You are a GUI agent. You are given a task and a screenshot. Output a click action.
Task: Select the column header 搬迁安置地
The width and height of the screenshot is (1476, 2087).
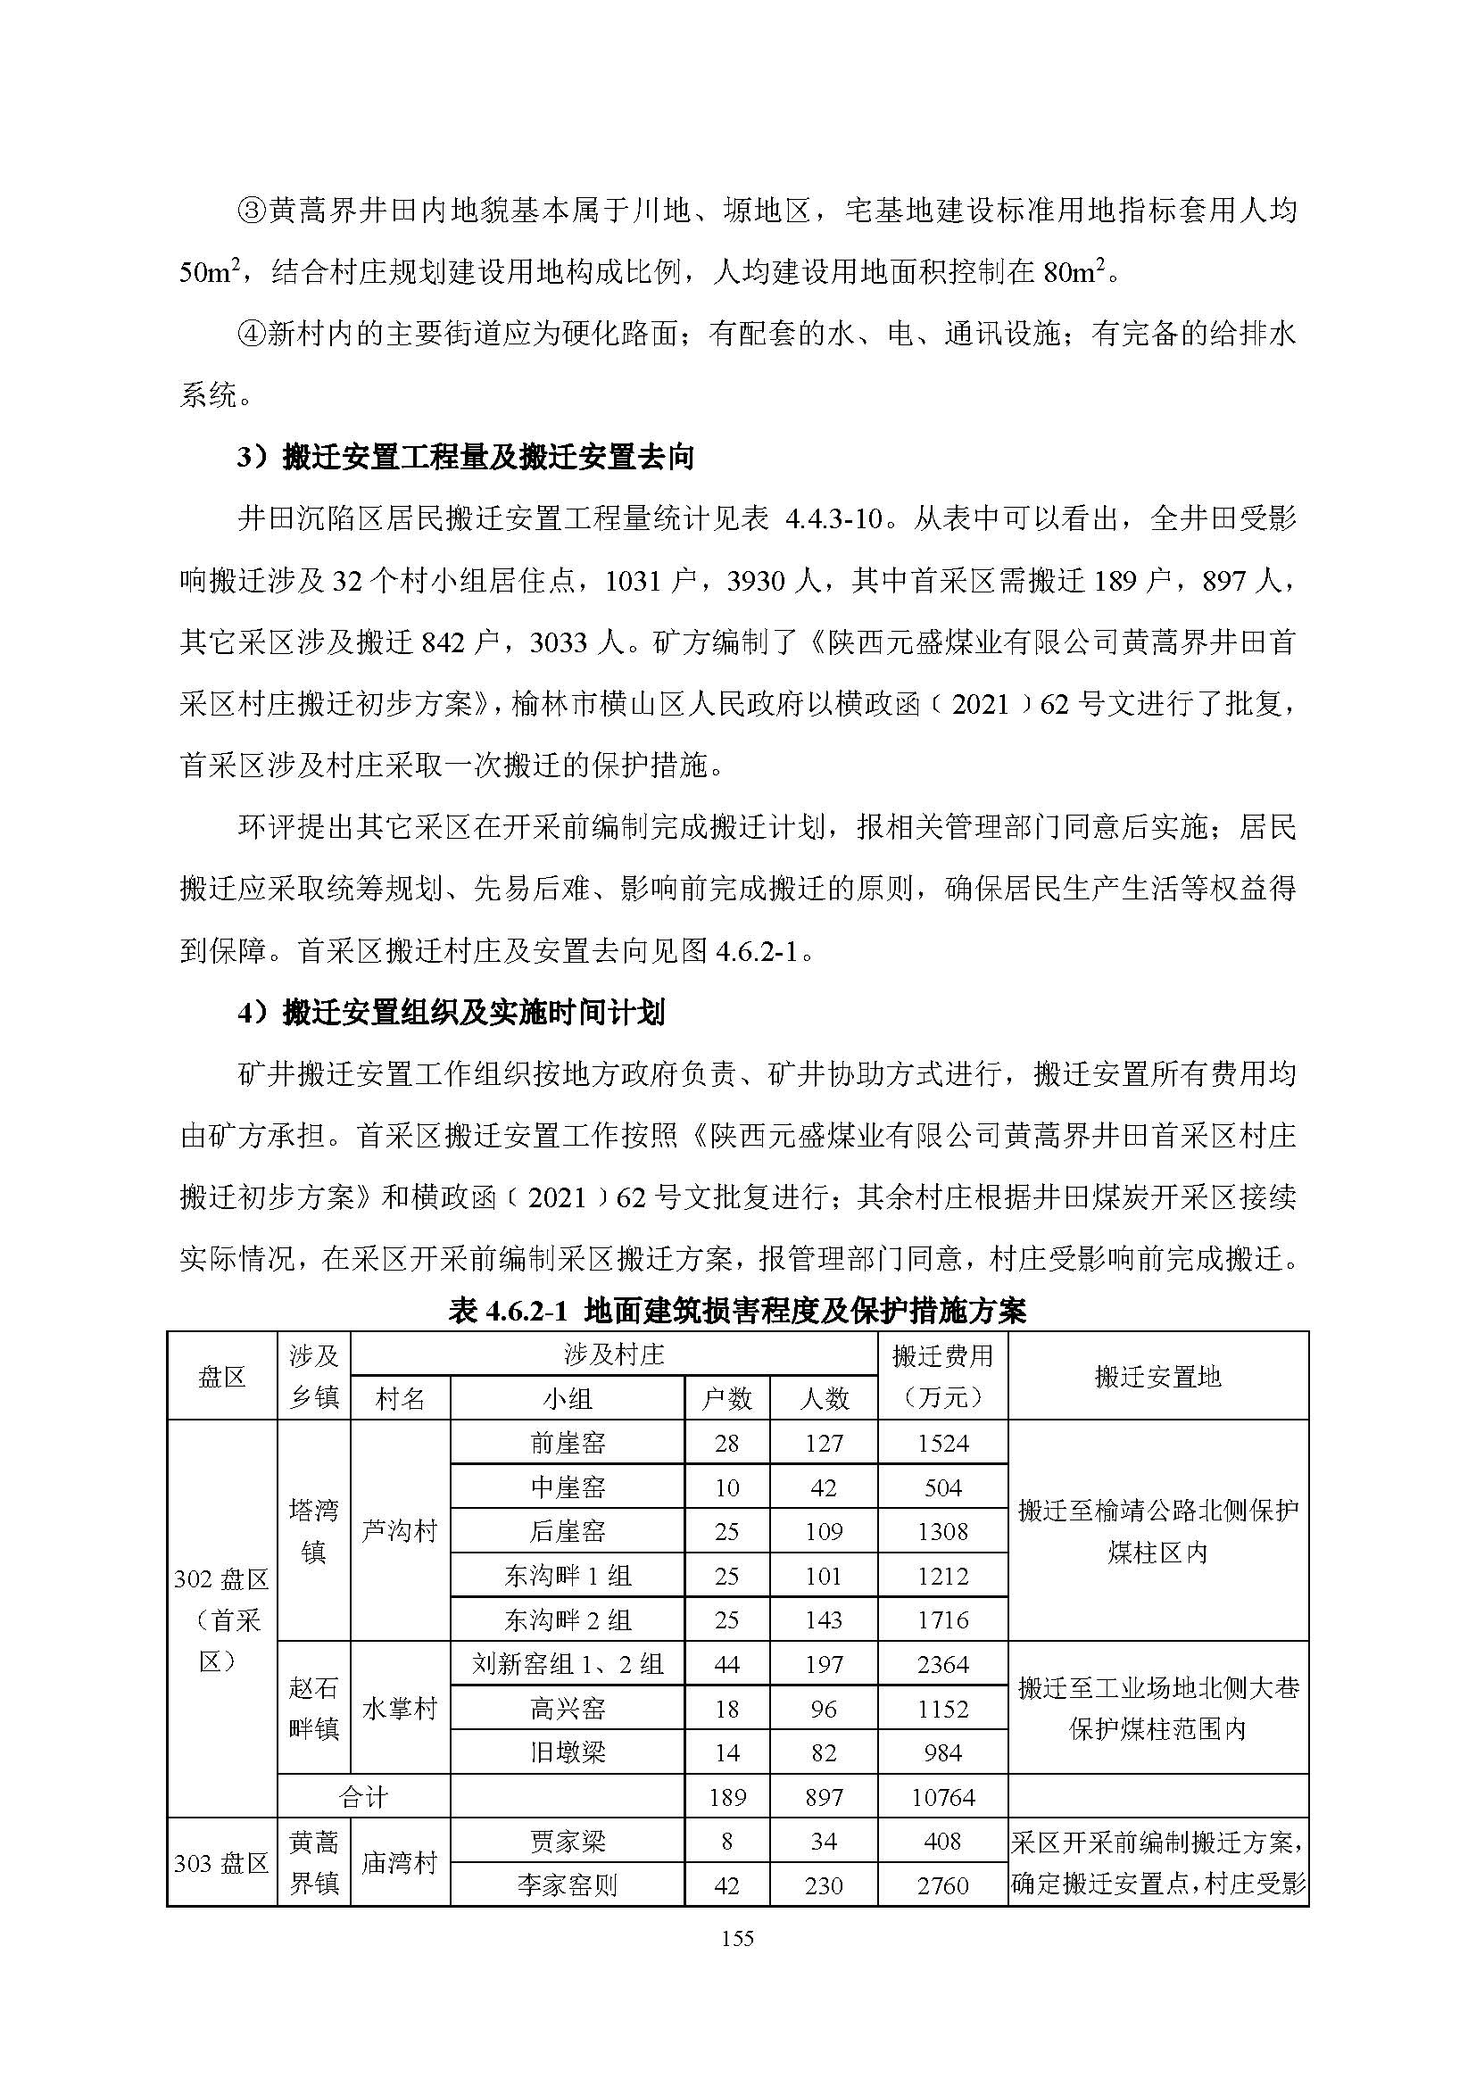point(1157,1376)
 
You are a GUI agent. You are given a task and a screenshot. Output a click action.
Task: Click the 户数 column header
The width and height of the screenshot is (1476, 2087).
point(726,1398)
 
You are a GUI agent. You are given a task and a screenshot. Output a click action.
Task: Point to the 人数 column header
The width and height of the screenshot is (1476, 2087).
point(824,1398)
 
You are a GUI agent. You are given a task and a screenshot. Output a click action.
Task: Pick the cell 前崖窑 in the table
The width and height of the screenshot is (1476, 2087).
point(568,1444)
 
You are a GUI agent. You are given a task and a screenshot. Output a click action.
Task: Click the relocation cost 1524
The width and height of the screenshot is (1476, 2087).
point(942,1444)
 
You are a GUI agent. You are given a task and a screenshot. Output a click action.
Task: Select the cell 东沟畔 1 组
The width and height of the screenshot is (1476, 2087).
point(568,1575)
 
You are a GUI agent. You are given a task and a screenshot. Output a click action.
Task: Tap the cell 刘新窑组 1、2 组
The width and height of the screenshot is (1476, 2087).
point(568,1664)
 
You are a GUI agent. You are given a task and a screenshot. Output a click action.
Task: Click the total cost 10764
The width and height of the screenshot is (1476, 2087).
point(942,1797)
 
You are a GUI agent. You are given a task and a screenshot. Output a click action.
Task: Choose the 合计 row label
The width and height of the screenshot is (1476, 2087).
point(363,1797)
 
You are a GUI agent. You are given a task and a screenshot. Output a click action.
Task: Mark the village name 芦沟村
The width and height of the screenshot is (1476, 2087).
point(400,1532)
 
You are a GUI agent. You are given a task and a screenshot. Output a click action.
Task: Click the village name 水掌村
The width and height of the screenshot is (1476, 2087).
point(400,1709)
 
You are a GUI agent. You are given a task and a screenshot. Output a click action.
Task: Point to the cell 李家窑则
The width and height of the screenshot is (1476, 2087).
point(568,1885)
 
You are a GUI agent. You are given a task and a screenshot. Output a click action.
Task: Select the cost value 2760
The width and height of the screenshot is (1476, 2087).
point(942,1885)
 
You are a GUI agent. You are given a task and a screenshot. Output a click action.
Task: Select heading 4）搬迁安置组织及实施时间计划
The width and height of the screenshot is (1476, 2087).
point(452,1013)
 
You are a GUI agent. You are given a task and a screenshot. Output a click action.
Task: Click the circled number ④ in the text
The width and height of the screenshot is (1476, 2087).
point(251,335)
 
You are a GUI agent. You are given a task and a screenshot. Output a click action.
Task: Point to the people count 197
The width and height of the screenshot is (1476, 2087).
point(824,1664)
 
